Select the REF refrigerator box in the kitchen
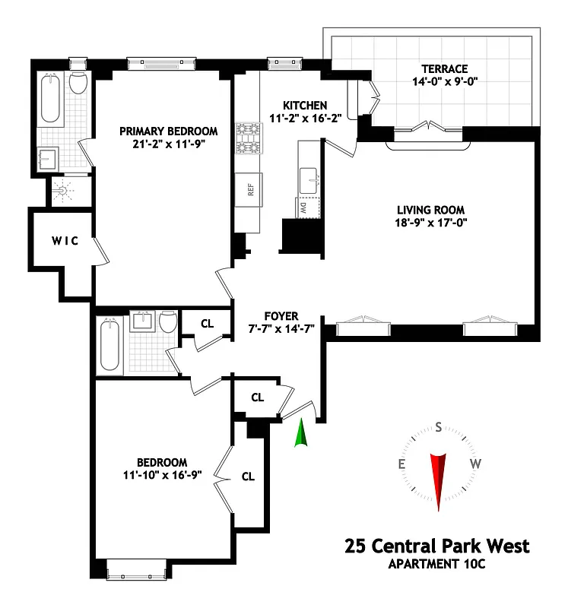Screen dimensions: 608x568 point(249,189)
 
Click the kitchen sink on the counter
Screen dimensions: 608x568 point(310,180)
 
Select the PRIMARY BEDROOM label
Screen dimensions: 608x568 point(168,131)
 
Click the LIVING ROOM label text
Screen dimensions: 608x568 point(430,210)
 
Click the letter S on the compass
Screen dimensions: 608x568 point(439,428)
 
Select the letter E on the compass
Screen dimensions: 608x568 point(401,464)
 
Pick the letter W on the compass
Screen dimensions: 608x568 point(477,464)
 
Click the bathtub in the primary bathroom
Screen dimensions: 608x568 point(50,98)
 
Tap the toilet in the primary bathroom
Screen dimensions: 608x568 point(78,83)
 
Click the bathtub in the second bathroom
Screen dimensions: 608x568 point(109,345)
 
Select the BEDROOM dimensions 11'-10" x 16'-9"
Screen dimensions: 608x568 point(162,476)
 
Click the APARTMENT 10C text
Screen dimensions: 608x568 point(436,564)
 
